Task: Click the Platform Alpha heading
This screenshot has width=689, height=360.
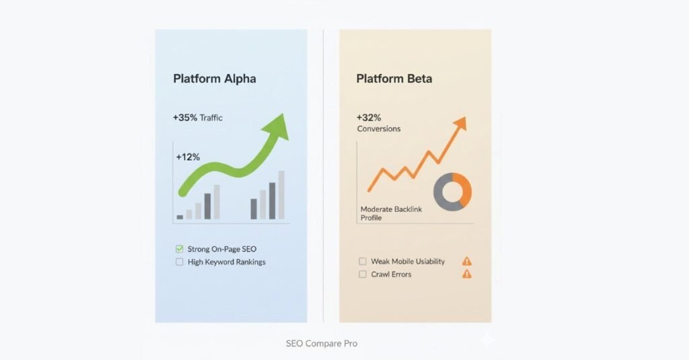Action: [x=215, y=79]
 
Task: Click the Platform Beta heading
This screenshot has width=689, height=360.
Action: [x=394, y=79]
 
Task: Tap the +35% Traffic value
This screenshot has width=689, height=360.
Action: [x=198, y=118]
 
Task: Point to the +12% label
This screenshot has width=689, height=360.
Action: [x=188, y=157]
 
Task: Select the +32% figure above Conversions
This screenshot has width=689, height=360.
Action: [x=369, y=117]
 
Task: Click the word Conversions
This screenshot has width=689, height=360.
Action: [x=379, y=129]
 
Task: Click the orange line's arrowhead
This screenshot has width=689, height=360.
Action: [x=460, y=124]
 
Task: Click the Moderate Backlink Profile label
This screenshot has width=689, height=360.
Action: [x=391, y=213]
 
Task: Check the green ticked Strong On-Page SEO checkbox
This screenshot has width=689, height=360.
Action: [x=179, y=249]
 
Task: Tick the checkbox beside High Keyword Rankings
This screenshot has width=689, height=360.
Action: [x=179, y=262]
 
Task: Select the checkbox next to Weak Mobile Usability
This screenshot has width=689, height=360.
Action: [x=363, y=262]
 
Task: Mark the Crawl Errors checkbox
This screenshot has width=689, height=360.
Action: [x=363, y=275]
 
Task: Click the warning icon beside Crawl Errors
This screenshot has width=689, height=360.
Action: [x=467, y=275]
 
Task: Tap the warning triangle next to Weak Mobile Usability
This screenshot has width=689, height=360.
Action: [x=467, y=262]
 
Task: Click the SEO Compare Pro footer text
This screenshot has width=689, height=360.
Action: [x=322, y=343]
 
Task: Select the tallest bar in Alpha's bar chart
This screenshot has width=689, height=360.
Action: [x=281, y=194]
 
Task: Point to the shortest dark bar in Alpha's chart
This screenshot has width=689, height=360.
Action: [x=180, y=217]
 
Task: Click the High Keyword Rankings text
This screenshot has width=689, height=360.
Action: [x=227, y=262]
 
